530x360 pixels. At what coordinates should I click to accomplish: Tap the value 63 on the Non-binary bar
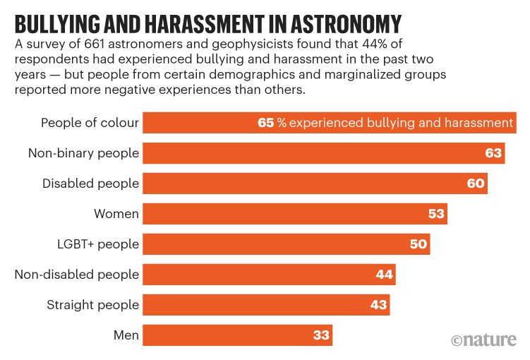click(493, 153)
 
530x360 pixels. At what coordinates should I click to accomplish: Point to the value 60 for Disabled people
click(476, 184)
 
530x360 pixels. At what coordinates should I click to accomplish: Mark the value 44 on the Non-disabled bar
click(384, 275)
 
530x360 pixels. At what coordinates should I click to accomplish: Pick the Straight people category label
click(93, 305)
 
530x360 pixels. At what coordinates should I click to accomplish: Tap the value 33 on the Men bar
click(321, 335)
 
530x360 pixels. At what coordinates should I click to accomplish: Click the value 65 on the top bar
click(265, 123)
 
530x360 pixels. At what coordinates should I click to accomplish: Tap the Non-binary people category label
click(83, 153)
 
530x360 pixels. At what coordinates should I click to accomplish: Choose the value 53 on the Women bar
click(436, 214)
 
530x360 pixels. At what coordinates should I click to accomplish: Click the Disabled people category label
click(90, 184)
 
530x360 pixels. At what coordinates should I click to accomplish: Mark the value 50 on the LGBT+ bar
click(418, 244)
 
